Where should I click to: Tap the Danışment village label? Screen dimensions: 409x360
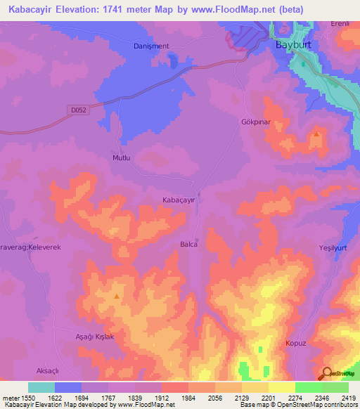(x=151, y=46)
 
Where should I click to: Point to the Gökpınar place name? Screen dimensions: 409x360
(x=252, y=121)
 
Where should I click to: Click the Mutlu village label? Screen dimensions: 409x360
(x=122, y=158)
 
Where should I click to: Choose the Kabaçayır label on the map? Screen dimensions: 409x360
(x=179, y=200)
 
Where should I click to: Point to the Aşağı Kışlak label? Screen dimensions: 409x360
(x=94, y=337)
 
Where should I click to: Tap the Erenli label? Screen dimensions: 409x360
(x=341, y=24)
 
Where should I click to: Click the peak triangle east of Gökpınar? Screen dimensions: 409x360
(x=316, y=134)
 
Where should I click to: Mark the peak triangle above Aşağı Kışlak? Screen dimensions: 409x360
(x=116, y=297)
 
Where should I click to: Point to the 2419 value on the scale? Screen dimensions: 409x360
(x=347, y=397)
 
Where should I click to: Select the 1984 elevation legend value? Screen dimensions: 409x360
(x=188, y=397)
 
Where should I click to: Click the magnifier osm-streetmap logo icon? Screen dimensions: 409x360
(x=326, y=374)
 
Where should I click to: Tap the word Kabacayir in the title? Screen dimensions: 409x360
(x=28, y=10)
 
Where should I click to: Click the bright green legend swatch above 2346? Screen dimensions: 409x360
(x=308, y=387)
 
